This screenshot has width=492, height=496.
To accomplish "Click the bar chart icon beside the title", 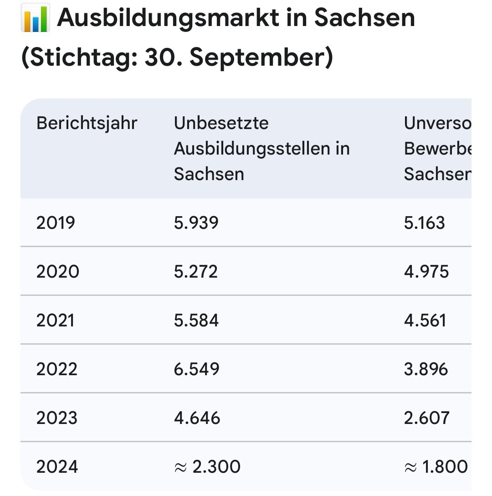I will (35, 18).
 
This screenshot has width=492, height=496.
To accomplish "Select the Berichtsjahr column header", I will (87, 123).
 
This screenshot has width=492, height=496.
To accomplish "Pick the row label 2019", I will (56, 223).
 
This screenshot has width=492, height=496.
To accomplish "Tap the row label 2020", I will (57, 272).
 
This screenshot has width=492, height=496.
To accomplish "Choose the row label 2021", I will (55, 320).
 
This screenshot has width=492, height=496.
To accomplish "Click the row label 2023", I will (57, 418).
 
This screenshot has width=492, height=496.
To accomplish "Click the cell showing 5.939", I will (196, 223).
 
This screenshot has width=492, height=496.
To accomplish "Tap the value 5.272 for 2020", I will (196, 272).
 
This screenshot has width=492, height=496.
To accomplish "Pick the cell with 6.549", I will (197, 369).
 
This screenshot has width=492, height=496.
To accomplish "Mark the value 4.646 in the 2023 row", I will (197, 418).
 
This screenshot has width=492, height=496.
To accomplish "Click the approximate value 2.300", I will (207, 467).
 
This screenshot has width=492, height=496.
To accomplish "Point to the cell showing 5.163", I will (424, 223).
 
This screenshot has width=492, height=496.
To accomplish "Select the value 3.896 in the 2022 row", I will (426, 369).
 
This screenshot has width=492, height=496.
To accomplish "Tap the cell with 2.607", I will (426, 418).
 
